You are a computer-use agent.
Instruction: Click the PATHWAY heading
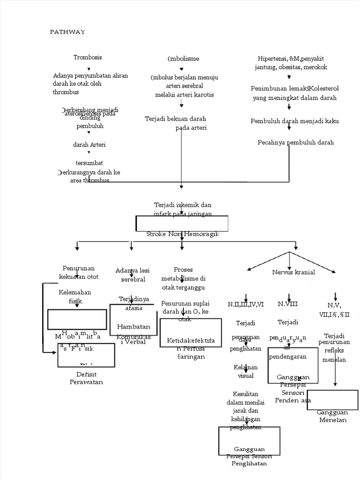67,32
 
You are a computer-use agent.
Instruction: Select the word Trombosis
88,57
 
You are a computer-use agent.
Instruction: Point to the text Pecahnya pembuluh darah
296,142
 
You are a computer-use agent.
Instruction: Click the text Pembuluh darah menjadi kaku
295,121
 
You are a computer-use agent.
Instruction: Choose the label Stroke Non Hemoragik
182,234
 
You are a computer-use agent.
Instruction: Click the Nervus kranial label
293,272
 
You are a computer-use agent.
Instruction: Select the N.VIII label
288,304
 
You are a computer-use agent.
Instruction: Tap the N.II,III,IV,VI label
246,304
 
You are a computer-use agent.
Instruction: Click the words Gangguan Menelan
332,416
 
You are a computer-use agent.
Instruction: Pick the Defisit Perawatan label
86,378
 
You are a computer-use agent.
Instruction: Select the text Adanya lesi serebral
132,275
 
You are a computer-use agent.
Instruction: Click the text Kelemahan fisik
75,297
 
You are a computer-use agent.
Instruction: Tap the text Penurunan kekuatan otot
77,272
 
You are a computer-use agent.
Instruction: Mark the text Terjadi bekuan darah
176,119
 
